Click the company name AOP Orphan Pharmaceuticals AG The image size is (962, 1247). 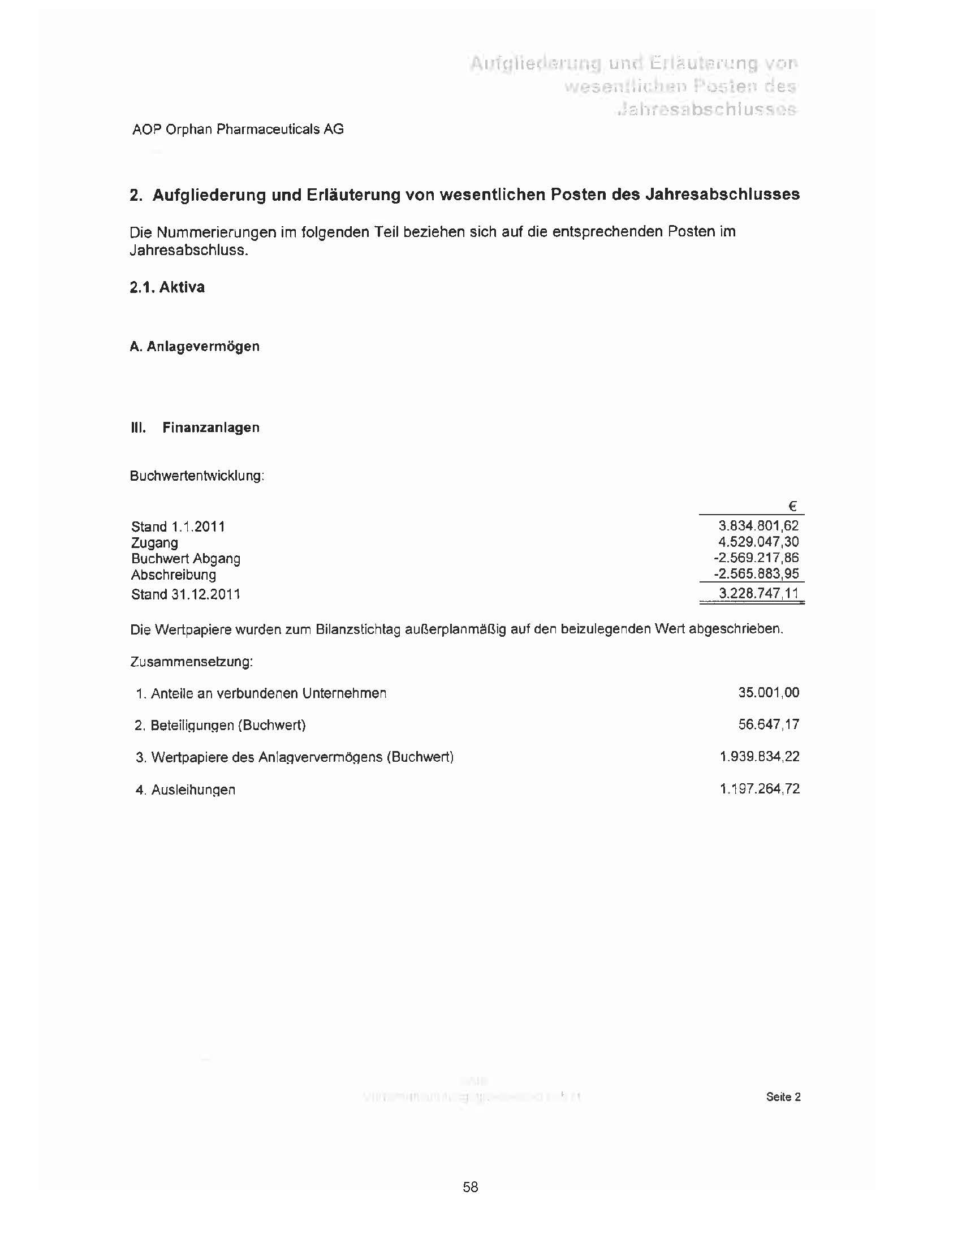238,130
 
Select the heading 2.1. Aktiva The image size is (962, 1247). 167,287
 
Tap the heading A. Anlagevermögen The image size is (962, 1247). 194,347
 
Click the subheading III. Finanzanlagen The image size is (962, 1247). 195,428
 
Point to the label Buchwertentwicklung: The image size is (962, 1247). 197,476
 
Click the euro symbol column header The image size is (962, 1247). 792,506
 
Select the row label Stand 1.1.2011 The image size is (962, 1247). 178,527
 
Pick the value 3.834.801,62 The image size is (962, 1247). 758,526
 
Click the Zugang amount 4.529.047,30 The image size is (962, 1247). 758,542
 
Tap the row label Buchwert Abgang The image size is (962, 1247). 186,558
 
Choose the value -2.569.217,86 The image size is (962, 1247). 756,558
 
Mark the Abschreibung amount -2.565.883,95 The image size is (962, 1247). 756,574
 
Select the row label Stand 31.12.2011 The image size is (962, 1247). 186,594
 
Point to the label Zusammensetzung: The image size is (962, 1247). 191,662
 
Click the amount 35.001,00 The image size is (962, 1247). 769,693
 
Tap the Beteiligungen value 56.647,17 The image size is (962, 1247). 769,724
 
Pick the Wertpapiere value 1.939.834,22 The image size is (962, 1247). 760,757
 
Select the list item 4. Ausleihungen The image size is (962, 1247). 185,789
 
